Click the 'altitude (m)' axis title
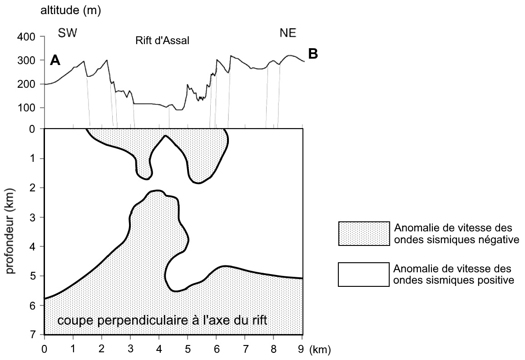pyautogui.click(x=70, y=11)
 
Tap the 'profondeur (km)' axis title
pyautogui.click(x=11, y=231)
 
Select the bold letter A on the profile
pyautogui.click(x=55, y=60)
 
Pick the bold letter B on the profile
pyautogui.click(x=313, y=54)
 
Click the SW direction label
pyautogui.click(x=68, y=33)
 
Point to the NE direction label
pyautogui.click(x=288, y=33)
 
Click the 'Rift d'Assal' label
pyautogui.click(x=163, y=40)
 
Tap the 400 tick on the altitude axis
pyautogui.click(x=26, y=36)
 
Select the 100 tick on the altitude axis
pyautogui.click(x=26, y=108)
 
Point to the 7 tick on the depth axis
pyautogui.click(x=32, y=335)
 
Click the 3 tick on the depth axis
pyautogui.click(x=32, y=217)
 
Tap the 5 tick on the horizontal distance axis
pyautogui.click(x=188, y=350)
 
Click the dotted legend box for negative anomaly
pyautogui.click(x=364, y=234)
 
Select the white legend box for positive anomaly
pyautogui.click(x=364, y=275)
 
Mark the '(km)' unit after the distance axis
pyautogui.click(x=320, y=350)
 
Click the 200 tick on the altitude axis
pyautogui.click(x=26, y=84)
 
